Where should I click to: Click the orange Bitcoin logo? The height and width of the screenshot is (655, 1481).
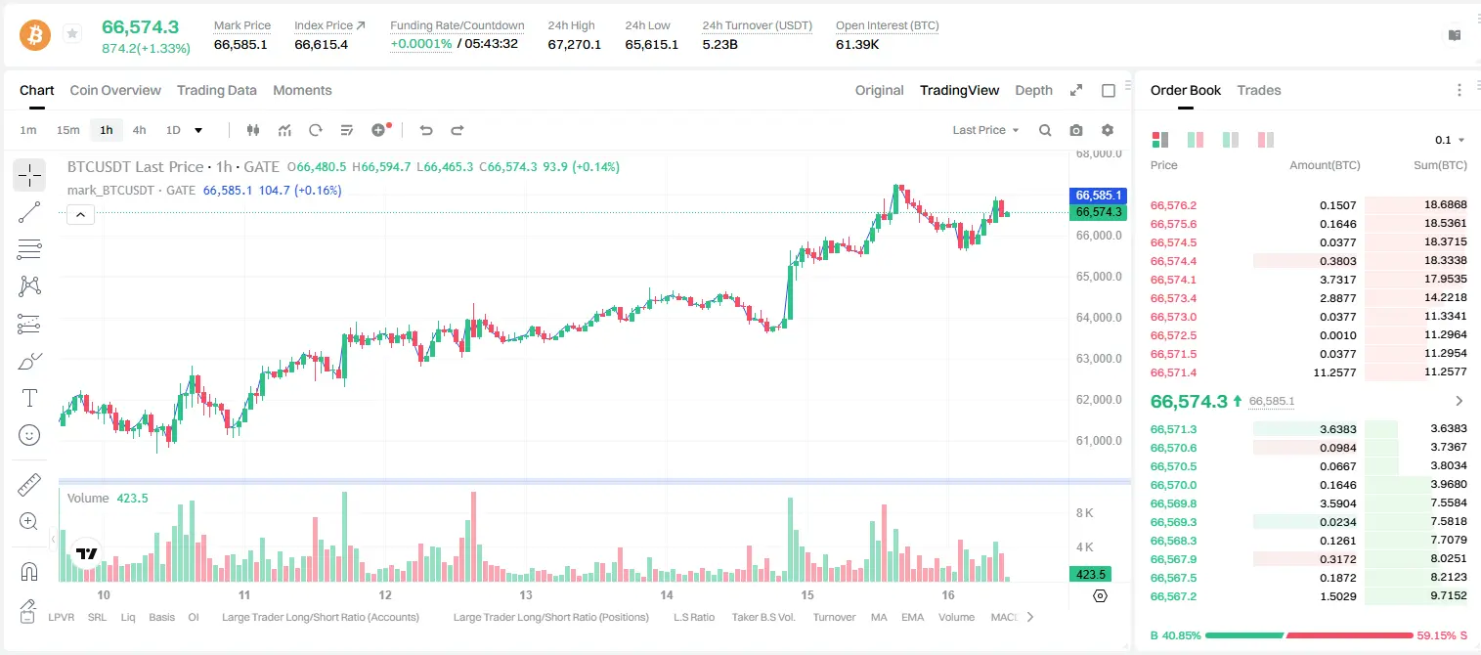[35, 35]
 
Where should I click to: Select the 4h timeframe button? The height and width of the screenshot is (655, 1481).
[139, 130]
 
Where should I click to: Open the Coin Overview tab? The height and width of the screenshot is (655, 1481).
[115, 90]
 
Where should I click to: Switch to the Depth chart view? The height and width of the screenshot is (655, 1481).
[1033, 90]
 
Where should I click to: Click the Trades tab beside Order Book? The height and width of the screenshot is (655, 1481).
[1258, 90]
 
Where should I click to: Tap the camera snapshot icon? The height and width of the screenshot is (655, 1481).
[1076, 130]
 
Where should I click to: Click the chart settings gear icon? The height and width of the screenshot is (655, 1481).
[1108, 130]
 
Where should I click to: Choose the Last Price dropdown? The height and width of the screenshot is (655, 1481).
[985, 130]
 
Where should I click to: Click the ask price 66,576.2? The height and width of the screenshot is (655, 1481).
[1173, 205]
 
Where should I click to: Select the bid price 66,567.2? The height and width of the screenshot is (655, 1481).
[1173, 596]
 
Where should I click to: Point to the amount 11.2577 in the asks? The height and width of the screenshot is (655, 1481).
[1334, 372]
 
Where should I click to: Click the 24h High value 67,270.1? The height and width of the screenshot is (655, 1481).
[574, 44]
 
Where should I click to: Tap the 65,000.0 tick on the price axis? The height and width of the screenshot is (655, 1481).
[1098, 277]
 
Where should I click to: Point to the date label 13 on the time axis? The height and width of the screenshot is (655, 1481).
[526, 594]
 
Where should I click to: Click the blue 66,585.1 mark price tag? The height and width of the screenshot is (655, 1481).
[1098, 195]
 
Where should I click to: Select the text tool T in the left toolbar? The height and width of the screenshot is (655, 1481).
[29, 398]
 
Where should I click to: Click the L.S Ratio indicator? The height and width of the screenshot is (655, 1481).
[693, 617]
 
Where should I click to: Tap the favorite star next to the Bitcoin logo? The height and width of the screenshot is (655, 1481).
[72, 33]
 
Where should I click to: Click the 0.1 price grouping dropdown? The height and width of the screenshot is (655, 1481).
[1450, 140]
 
